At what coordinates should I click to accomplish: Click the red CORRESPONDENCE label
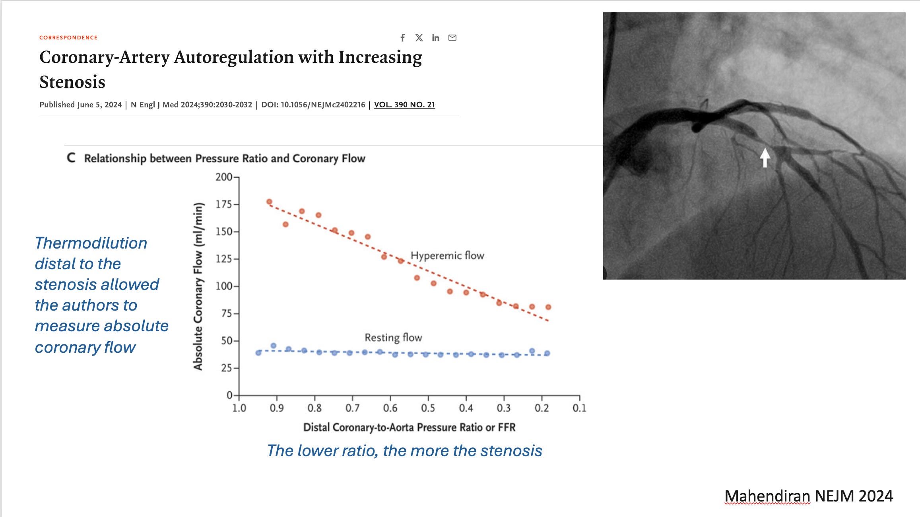click(x=68, y=37)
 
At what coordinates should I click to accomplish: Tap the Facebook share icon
click(x=402, y=38)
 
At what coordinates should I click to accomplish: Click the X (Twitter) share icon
click(x=419, y=38)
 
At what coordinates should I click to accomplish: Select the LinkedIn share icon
click(x=436, y=38)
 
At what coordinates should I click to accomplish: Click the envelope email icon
click(x=452, y=38)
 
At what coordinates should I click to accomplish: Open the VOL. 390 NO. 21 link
click(x=404, y=105)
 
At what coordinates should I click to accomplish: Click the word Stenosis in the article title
click(x=72, y=82)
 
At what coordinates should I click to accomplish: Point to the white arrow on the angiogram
click(x=765, y=157)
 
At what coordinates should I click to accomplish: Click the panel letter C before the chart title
click(x=71, y=158)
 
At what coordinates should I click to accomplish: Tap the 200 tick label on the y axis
click(x=224, y=177)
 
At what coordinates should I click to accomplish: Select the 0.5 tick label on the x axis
click(x=428, y=408)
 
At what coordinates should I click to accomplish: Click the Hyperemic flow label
click(x=447, y=255)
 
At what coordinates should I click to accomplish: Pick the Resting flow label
click(x=393, y=338)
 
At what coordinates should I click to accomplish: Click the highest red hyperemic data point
click(x=269, y=202)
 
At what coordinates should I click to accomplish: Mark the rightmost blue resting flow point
click(x=547, y=353)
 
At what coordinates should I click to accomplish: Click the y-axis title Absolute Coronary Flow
click(x=198, y=286)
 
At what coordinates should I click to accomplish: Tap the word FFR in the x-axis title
click(x=506, y=428)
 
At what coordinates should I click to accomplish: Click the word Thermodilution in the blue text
click(x=91, y=243)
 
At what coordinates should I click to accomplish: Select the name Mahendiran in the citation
click(x=767, y=496)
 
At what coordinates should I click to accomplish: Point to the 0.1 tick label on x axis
click(x=579, y=408)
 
